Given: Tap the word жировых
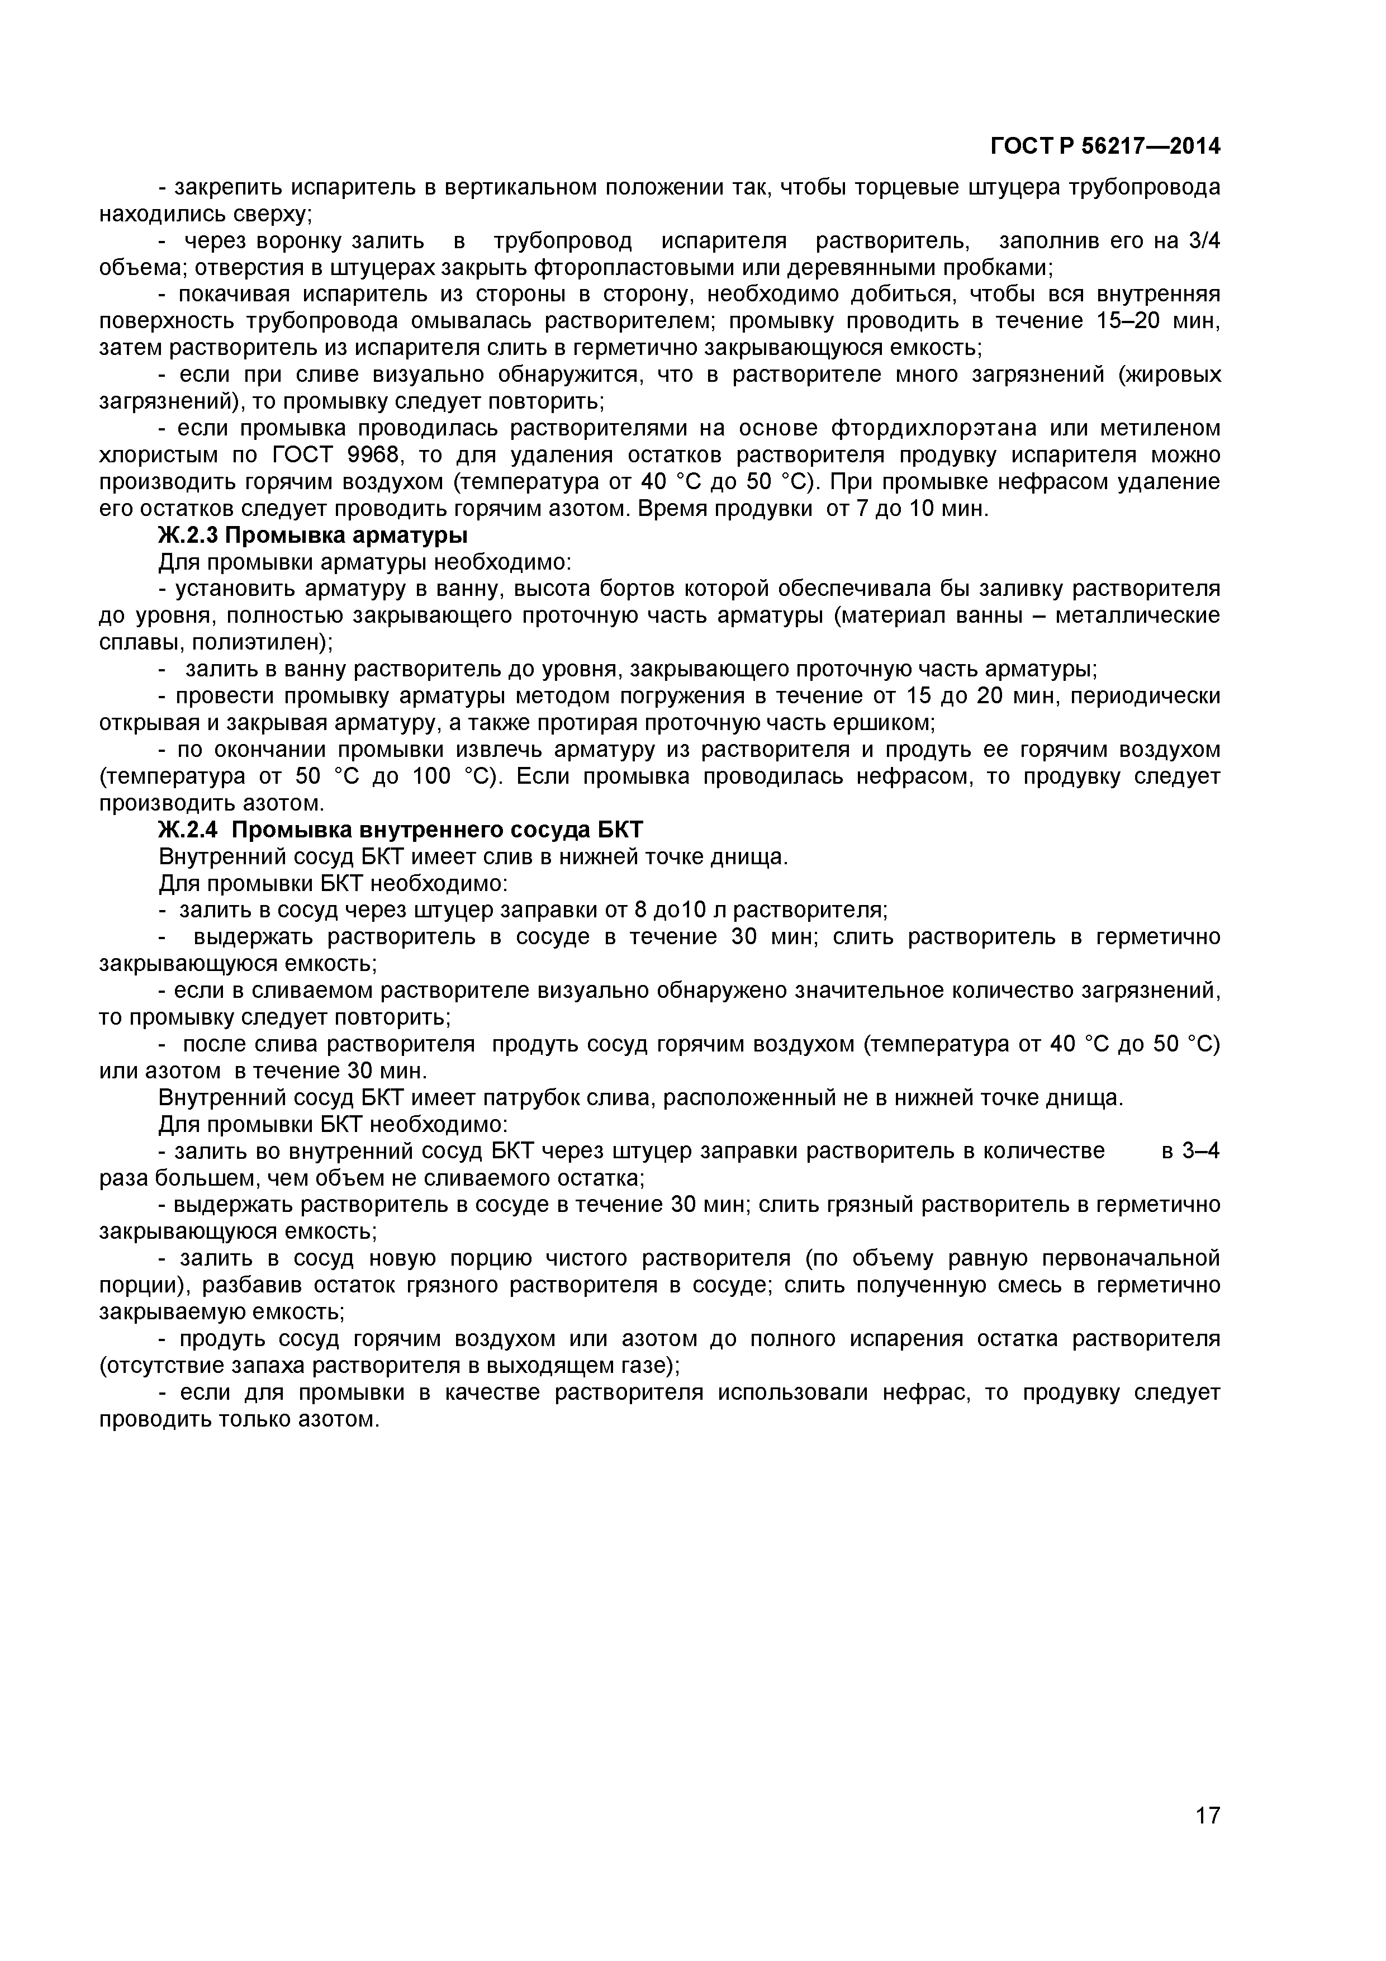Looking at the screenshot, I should point(1175,375).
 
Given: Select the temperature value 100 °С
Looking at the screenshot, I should point(449,776).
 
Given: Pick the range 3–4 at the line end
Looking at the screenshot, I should point(1200,1152).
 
